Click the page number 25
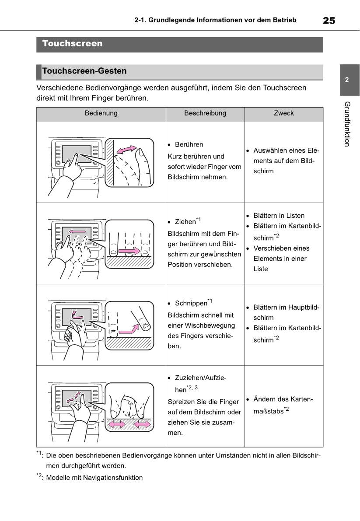click(329, 20)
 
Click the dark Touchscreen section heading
click(73, 44)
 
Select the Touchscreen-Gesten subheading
click(84, 71)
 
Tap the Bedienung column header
click(101, 113)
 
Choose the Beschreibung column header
click(205, 113)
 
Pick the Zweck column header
click(284, 113)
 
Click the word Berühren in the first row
click(189, 144)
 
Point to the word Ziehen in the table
click(185, 222)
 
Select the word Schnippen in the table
click(191, 303)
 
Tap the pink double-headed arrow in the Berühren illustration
click(127, 150)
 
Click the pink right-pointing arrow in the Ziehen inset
click(133, 251)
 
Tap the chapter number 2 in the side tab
click(346, 80)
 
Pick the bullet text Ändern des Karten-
click(282, 399)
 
